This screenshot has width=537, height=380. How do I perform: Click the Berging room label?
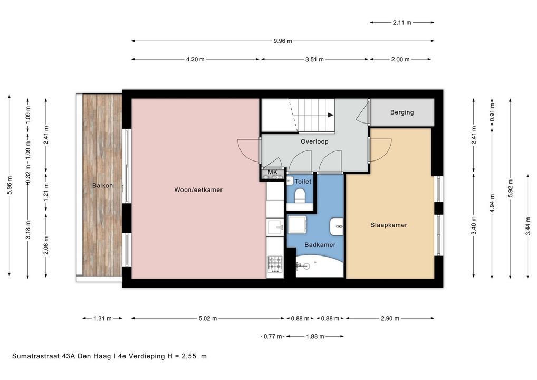tap(402, 112)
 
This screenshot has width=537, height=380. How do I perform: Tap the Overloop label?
tap(314, 141)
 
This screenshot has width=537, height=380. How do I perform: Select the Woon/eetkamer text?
tap(198, 189)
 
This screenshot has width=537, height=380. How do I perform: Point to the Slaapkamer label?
tap(389, 225)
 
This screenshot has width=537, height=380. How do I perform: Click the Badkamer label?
tap(320, 245)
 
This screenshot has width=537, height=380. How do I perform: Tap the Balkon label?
tap(102, 185)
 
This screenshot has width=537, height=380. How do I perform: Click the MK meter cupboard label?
tap(273, 172)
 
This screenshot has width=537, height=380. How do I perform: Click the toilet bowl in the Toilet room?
tap(300, 196)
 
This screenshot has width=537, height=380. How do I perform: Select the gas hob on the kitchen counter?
tap(275, 264)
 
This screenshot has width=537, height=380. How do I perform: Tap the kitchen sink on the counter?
tap(275, 226)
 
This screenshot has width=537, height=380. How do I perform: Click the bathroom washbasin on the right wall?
tap(337, 226)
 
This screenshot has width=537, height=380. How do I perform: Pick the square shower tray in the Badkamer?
tap(298, 224)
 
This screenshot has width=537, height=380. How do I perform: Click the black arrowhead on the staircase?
tap(331, 115)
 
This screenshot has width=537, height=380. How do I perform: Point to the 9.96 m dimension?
tap(283, 41)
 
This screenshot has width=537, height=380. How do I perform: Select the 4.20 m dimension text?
tap(195, 59)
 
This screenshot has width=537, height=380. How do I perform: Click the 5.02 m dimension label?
tap(208, 318)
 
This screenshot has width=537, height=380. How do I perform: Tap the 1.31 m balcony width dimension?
tap(102, 318)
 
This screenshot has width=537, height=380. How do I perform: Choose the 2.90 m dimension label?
tap(390, 318)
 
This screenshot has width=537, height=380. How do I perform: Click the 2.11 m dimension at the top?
tap(402, 23)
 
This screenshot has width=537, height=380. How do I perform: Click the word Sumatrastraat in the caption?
tap(36, 356)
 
